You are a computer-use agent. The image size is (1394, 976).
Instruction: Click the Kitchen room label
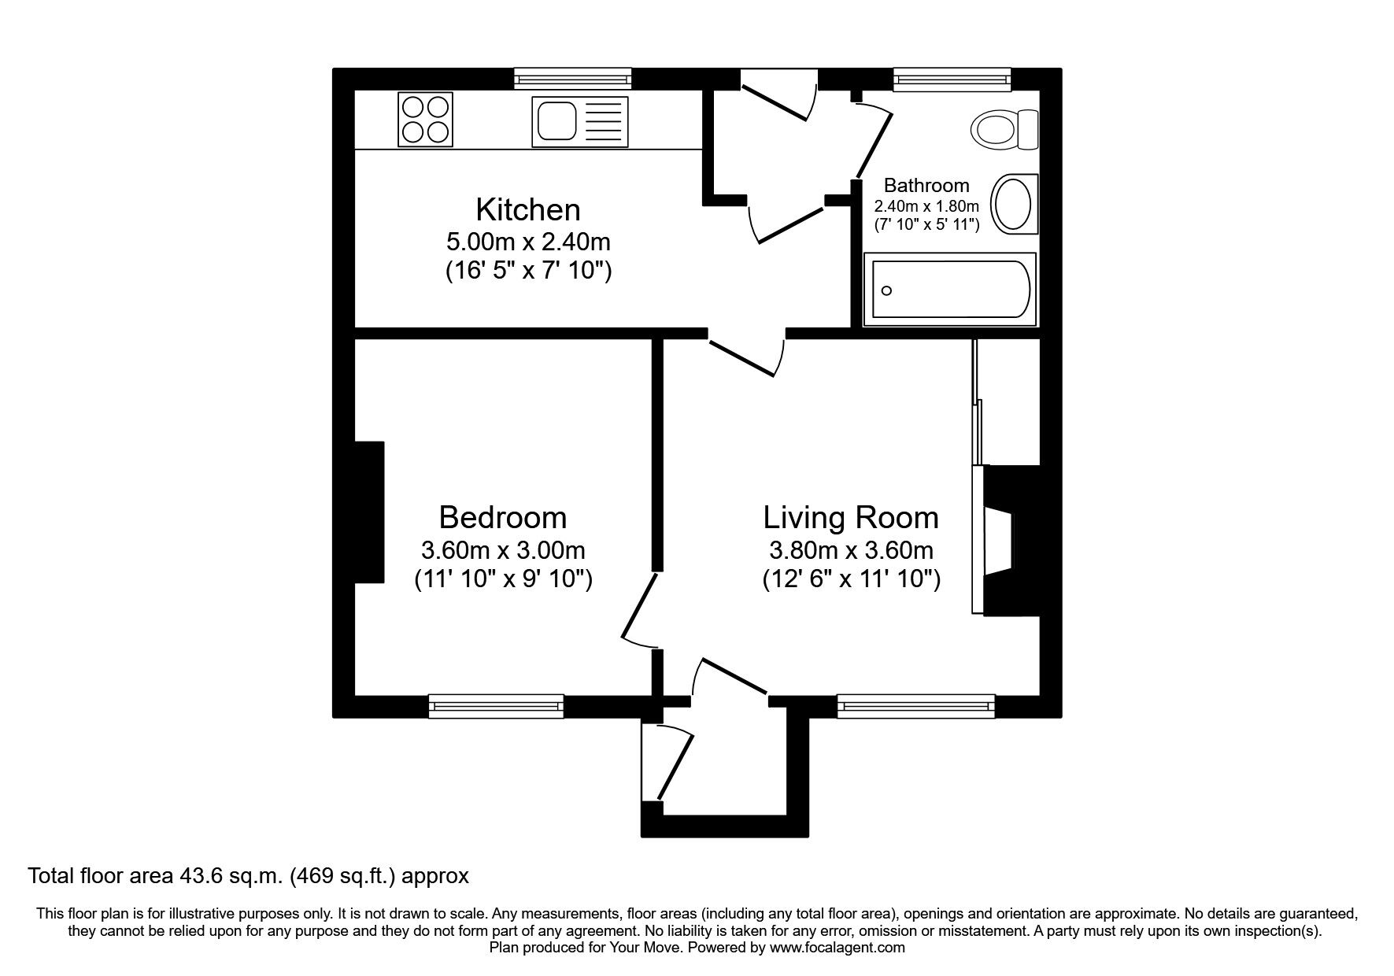click(527, 210)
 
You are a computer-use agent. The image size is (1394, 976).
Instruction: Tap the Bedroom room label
click(502, 518)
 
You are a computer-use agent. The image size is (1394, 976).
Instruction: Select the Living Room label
click(851, 518)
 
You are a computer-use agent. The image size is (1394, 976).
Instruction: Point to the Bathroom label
click(926, 186)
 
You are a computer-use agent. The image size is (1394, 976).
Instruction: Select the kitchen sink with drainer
click(579, 121)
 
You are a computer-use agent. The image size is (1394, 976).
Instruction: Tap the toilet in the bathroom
click(1004, 128)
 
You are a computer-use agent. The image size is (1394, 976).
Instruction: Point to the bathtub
click(949, 290)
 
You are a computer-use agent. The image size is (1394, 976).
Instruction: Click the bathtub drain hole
click(886, 291)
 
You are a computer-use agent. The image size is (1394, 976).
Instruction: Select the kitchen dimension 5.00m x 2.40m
click(527, 241)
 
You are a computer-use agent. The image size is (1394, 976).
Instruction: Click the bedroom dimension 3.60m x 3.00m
click(503, 549)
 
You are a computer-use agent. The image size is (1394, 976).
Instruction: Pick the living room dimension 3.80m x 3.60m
click(851, 549)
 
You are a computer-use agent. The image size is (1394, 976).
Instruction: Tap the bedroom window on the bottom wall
click(496, 706)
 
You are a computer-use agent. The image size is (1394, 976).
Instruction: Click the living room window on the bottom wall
click(915, 706)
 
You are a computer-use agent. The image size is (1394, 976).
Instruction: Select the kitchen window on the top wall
click(572, 79)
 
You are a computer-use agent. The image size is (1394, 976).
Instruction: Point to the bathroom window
click(951, 79)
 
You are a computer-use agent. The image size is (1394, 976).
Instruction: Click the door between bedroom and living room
click(639, 610)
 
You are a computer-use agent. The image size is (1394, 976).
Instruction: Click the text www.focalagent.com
click(837, 948)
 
